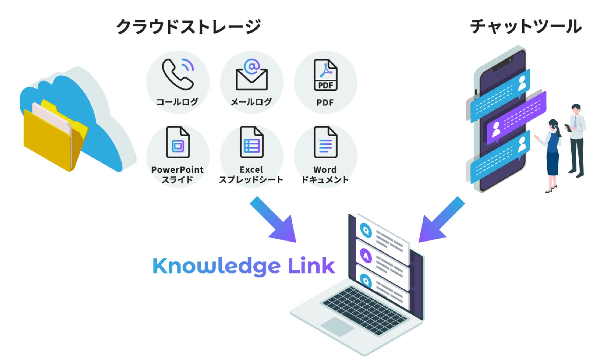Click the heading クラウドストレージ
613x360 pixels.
(188, 27)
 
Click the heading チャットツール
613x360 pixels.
(526, 27)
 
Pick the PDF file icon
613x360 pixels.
(325, 75)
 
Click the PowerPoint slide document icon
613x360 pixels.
(178, 142)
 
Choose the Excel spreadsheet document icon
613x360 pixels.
(251, 142)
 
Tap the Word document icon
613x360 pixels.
(325, 142)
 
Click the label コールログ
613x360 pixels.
(177, 102)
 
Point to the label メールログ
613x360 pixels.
(251, 102)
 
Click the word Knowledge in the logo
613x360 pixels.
(216, 266)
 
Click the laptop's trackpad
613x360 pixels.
(337, 326)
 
